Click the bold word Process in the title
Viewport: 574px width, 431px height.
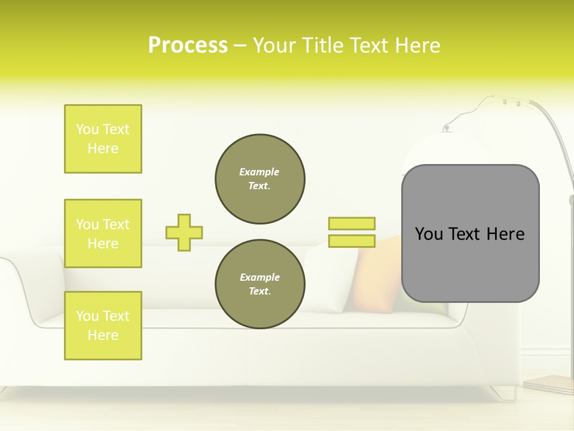(x=188, y=45)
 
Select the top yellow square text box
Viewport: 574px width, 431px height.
(x=103, y=139)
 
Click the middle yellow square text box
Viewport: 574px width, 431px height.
(x=103, y=233)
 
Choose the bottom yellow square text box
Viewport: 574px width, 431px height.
(x=103, y=326)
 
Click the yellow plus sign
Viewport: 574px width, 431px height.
(x=184, y=232)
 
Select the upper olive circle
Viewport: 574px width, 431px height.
(x=260, y=179)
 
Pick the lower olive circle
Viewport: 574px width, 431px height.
(x=260, y=284)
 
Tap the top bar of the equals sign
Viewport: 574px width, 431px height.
(x=352, y=223)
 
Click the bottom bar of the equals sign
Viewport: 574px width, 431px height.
(x=352, y=241)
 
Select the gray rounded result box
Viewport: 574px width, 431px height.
(x=470, y=233)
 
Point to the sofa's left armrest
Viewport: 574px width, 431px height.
(x=24, y=287)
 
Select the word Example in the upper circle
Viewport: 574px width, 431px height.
(x=259, y=172)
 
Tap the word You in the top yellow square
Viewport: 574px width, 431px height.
(x=87, y=129)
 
